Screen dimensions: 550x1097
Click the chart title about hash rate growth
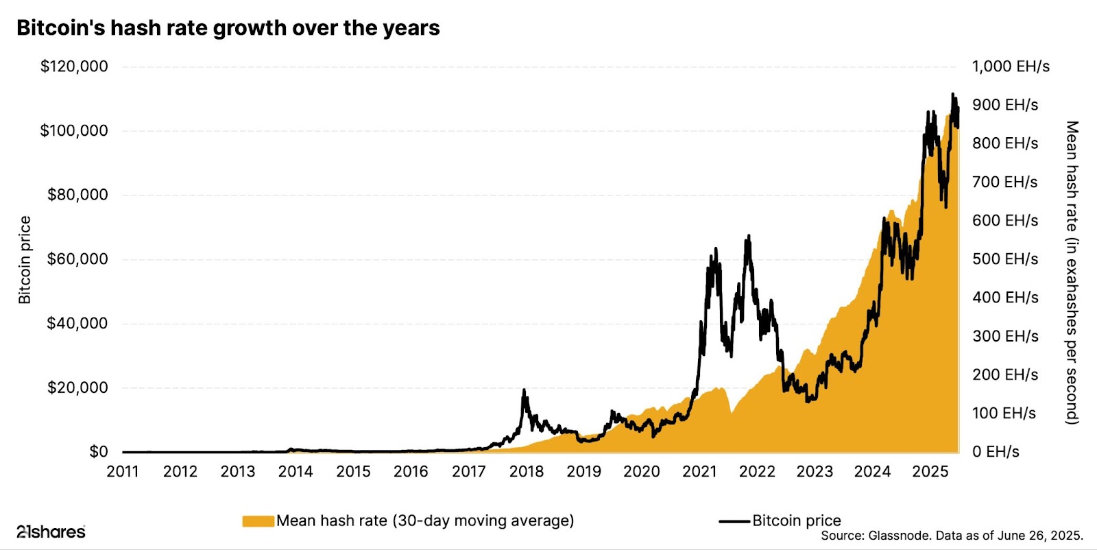(228, 28)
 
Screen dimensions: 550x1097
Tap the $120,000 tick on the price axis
(74, 67)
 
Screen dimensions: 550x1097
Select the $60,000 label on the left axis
(77, 259)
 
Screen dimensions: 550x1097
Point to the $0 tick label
(98, 451)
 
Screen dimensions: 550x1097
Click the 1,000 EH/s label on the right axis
(1011, 67)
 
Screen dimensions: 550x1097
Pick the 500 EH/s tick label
(1005, 259)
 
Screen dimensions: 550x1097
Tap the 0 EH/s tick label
(996, 451)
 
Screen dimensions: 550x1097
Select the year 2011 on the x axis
(123, 472)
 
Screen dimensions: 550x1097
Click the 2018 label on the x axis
(527, 472)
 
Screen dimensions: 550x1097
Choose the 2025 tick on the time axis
(930, 472)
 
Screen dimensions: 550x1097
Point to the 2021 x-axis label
(699, 472)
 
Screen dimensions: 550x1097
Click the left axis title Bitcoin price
(25, 260)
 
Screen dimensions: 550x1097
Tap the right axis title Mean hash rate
(1072, 272)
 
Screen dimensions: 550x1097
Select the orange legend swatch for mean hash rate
(258, 521)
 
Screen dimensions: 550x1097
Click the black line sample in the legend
(734, 521)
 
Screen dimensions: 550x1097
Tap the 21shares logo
(51, 531)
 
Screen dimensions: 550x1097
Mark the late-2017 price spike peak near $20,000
(525, 390)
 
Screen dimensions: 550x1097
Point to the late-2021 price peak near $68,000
(749, 236)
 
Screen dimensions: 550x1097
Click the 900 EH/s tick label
(1005, 105)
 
